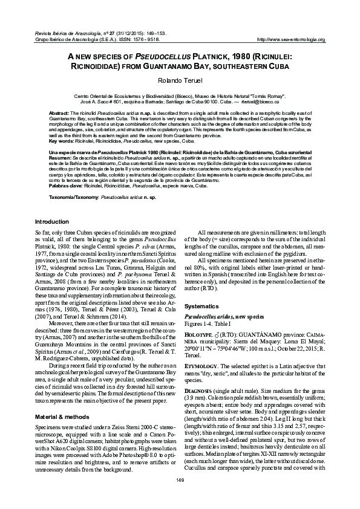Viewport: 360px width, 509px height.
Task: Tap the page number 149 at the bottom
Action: [x=180, y=496]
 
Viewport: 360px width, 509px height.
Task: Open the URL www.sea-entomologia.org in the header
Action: [x=292, y=40]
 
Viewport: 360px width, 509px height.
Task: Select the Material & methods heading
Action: [x=62, y=400]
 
